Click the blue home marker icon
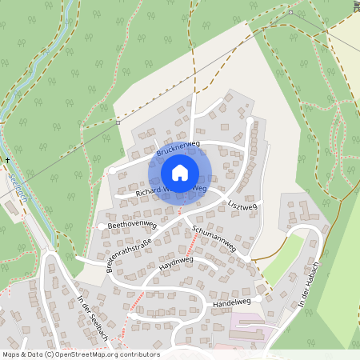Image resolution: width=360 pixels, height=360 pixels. tap(179, 173)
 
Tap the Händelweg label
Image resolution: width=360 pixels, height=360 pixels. tap(232, 303)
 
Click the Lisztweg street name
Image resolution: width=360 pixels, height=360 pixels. tap(242, 206)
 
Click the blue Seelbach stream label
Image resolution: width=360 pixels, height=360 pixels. tap(18, 187)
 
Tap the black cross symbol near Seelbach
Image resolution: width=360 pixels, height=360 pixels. tap(8, 161)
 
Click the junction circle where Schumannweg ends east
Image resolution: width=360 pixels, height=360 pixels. tap(247, 258)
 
